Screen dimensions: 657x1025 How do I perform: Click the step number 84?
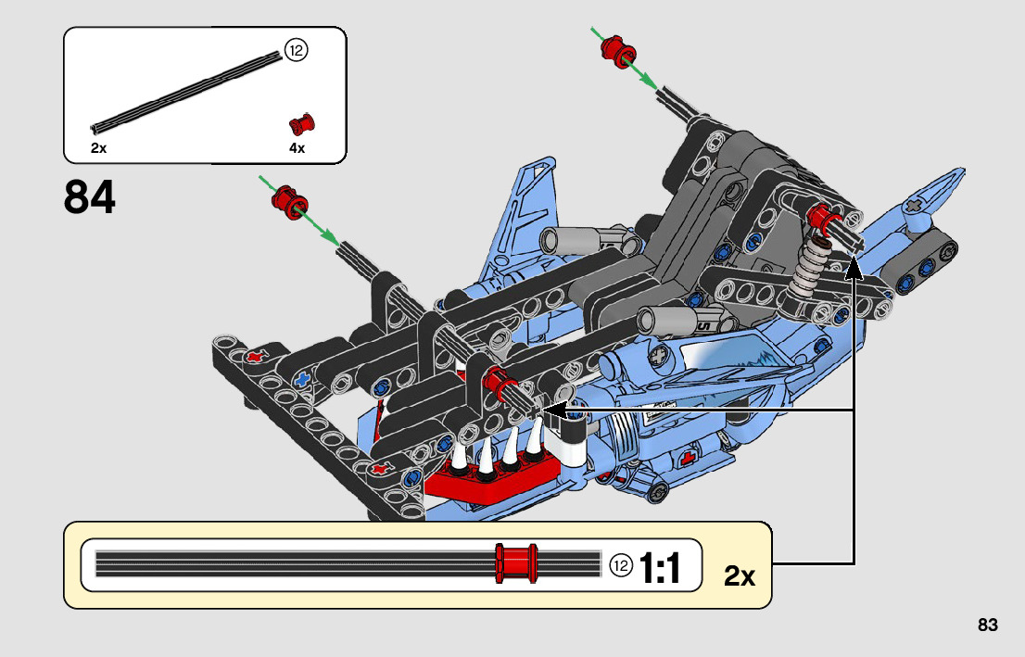point(90,197)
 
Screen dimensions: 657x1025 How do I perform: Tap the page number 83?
point(987,625)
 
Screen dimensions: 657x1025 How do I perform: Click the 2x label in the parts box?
point(98,148)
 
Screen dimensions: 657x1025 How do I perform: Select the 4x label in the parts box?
point(297,148)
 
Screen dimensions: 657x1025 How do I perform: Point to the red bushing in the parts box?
point(302,123)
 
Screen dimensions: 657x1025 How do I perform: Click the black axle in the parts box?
point(185,93)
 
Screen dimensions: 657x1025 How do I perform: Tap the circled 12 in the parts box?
point(296,51)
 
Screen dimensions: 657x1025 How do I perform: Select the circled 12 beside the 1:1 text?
point(621,565)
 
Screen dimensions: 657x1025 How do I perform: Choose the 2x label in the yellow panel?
point(740,576)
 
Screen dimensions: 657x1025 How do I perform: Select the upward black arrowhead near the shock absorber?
point(854,269)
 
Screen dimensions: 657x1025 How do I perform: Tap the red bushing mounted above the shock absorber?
point(819,219)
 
